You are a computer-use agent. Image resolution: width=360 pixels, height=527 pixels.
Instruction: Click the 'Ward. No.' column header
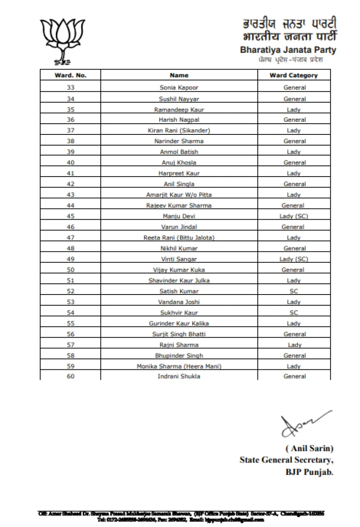click(70, 75)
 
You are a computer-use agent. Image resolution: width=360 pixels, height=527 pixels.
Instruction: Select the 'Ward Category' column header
click(293, 75)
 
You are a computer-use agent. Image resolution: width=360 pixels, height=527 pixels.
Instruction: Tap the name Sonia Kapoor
click(179, 88)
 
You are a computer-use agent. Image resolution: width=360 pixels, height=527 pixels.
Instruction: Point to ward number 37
click(70, 131)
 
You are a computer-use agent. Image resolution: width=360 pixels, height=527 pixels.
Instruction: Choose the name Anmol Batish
click(179, 152)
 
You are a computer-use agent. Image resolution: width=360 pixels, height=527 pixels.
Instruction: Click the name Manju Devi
click(179, 216)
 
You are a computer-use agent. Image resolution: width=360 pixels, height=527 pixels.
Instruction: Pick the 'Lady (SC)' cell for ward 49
click(293, 259)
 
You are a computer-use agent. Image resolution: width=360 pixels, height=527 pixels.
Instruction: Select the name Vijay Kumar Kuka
click(179, 270)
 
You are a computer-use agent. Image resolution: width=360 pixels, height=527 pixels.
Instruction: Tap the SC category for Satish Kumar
click(293, 291)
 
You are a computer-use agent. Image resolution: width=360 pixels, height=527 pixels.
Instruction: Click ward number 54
click(70, 313)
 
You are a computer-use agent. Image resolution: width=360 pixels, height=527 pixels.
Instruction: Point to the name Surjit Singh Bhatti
click(179, 334)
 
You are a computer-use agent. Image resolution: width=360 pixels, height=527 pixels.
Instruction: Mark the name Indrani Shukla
click(179, 376)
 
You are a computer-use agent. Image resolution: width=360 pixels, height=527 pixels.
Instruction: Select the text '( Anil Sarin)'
click(309, 448)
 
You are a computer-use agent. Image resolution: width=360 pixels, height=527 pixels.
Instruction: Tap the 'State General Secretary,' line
click(286, 460)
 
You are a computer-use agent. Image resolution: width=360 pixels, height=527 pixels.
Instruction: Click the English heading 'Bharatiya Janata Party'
click(288, 50)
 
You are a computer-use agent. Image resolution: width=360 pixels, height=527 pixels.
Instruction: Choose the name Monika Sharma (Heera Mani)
click(179, 367)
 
